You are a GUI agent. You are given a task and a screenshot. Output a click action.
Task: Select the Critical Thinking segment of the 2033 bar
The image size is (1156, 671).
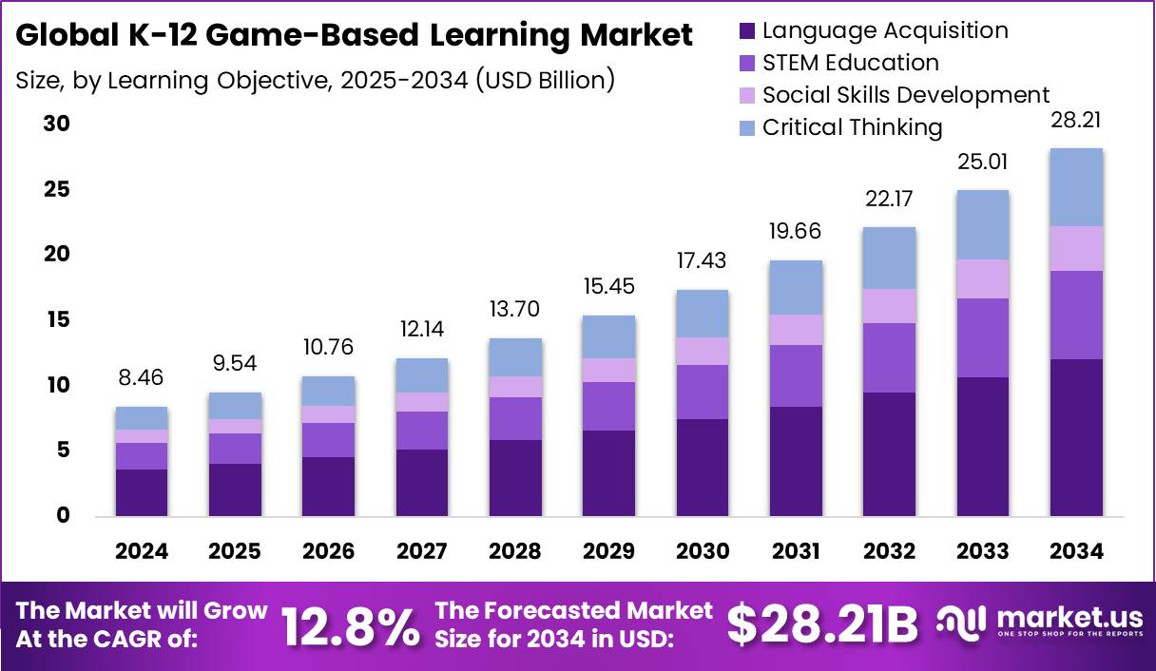(983, 224)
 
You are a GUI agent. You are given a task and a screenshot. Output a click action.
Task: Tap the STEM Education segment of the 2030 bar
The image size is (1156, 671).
(702, 392)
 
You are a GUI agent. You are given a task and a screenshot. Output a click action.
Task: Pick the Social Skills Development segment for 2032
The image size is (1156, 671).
(890, 306)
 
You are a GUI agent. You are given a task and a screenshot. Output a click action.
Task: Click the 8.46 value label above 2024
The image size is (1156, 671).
(141, 377)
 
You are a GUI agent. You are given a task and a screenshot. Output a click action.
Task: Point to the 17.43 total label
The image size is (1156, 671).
(702, 259)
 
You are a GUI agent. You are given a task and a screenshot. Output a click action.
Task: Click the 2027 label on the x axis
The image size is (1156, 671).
(422, 552)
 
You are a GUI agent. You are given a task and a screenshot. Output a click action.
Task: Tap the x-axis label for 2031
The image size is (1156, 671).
(796, 552)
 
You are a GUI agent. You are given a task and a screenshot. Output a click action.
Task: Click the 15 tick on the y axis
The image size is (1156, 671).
(58, 320)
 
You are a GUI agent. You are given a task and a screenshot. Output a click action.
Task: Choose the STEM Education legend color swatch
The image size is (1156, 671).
(747, 64)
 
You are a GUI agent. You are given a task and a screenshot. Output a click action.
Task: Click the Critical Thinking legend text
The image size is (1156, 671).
(852, 127)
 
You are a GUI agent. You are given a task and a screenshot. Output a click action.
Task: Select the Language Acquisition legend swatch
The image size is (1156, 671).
(747, 31)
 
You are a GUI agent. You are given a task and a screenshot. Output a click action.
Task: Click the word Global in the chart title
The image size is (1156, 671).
(59, 36)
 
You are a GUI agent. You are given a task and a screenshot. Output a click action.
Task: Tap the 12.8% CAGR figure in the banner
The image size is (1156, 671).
(350, 625)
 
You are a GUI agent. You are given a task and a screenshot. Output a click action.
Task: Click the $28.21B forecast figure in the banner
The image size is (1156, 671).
(823, 624)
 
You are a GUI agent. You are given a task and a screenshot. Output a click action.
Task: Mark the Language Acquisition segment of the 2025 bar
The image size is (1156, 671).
(235, 489)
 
